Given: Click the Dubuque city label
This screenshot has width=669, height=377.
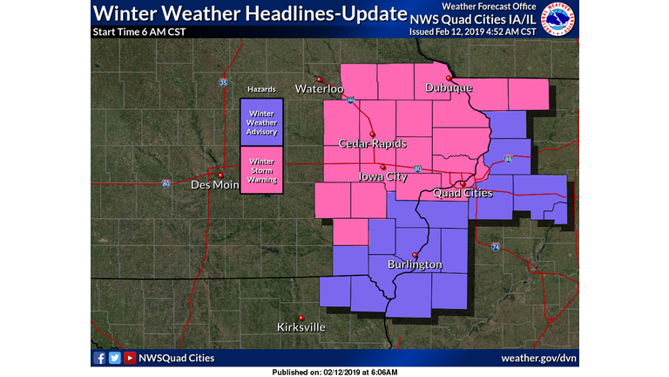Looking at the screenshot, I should [449, 88].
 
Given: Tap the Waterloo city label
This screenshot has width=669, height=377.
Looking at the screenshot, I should [320, 88].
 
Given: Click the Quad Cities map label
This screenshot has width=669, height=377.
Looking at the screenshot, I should [462, 192].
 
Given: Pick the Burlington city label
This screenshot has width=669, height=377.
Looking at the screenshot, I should [415, 264].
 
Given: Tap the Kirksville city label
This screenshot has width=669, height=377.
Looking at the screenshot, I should [301, 327].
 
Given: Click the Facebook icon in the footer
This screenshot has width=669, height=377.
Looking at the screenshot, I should [99, 358].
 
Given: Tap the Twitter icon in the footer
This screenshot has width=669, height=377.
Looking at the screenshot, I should [114, 358].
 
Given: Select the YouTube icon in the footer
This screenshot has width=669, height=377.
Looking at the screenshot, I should [129, 358].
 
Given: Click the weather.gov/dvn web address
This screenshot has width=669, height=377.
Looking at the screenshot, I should [539, 358].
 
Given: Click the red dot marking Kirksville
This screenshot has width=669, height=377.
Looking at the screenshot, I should [301, 317].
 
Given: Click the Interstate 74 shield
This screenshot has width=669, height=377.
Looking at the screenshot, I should [495, 248].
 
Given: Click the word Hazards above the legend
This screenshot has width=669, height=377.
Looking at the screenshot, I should [261, 90].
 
